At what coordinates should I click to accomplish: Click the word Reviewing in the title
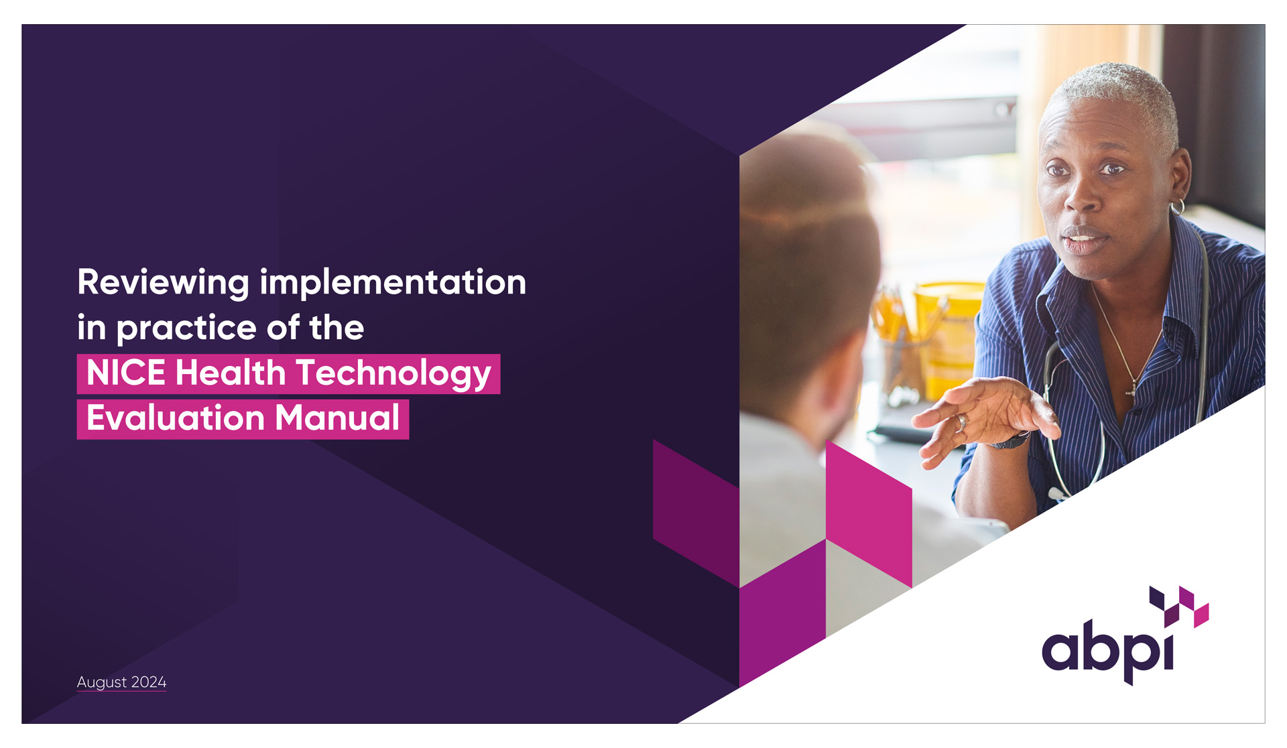pos(164,283)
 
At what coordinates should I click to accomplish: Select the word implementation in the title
pos(393,282)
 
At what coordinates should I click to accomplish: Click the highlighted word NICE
pos(126,373)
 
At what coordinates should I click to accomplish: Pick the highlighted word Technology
pos(393,374)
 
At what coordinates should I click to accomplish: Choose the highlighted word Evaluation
pos(176,418)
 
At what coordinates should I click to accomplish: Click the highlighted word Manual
pos(337,418)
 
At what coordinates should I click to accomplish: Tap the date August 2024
pos(121,682)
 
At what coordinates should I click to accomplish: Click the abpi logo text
pos(1108,650)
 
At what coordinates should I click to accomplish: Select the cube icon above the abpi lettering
pos(1179,606)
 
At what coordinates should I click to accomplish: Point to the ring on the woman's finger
pos(961,422)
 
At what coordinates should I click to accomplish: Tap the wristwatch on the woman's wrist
pos(1012,440)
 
